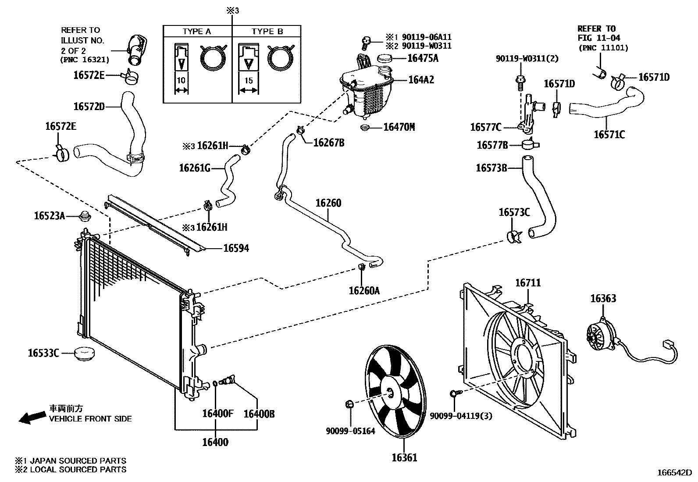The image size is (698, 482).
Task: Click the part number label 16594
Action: [236, 248]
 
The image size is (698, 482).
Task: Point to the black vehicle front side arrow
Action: [32, 417]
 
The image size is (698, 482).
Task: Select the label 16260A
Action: [364, 290]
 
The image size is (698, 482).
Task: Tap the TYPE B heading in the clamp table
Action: [267, 32]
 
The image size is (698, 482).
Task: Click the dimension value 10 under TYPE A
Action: [181, 81]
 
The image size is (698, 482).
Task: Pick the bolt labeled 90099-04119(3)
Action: [455, 393]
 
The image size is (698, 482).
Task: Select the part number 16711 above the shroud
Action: [527, 283]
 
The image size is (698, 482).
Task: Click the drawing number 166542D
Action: [674, 473]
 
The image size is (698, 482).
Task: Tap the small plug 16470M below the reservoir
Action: [363, 128]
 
